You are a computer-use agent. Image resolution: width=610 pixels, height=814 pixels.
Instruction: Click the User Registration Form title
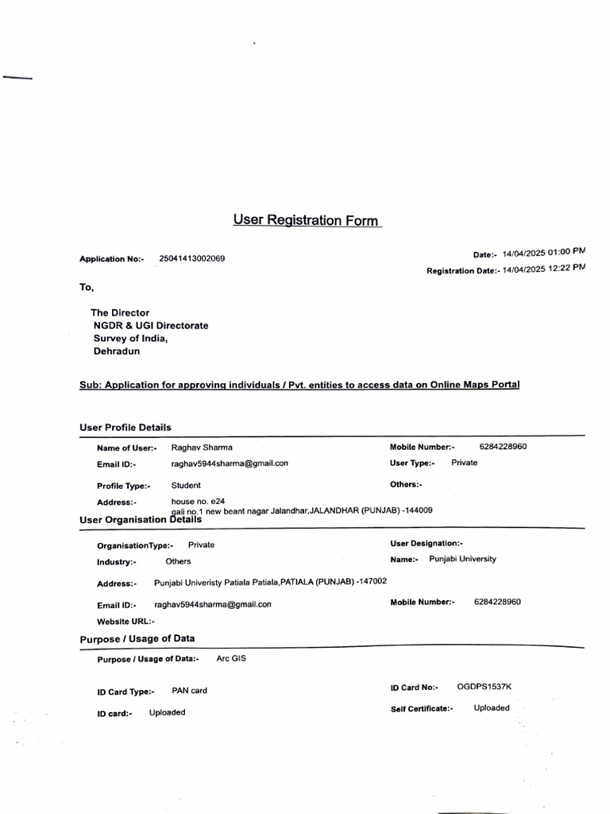tap(306, 220)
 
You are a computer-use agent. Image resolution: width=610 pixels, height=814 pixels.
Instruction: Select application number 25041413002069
tap(191, 258)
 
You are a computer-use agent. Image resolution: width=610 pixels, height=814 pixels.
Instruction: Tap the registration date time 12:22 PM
tap(566, 268)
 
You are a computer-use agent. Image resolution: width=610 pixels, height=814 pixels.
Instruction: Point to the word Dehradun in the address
tap(117, 351)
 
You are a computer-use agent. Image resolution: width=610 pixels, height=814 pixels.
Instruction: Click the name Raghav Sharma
tap(202, 447)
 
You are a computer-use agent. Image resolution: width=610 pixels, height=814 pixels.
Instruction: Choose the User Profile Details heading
tap(125, 427)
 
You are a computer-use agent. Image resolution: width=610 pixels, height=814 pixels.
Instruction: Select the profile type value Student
tap(186, 485)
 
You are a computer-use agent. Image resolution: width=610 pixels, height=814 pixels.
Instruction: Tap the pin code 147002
tap(373, 581)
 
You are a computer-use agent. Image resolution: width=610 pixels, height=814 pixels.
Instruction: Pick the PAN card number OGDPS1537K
tap(484, 686)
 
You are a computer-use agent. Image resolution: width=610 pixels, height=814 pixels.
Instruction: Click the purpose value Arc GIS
tap(231, 659)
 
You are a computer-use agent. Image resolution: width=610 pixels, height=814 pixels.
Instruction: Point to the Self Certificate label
tap(422, 708)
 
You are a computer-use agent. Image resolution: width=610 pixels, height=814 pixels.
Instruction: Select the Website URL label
tap(125, 622)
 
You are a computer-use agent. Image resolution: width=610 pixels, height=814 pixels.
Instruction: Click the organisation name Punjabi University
tap(462, 559)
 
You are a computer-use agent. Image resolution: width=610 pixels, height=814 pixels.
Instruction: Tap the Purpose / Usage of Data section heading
tap(137, 638)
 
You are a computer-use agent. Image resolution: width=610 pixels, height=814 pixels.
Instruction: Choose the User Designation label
tap(427, 543)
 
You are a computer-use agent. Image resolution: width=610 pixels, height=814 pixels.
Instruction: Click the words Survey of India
tap(130, 338)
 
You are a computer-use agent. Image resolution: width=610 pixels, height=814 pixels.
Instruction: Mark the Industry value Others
tap(178, 561)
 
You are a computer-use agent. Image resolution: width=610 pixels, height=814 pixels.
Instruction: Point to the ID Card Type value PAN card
tap(189, 691)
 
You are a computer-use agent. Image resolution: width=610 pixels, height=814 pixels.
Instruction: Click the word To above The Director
tap(86, 287)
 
